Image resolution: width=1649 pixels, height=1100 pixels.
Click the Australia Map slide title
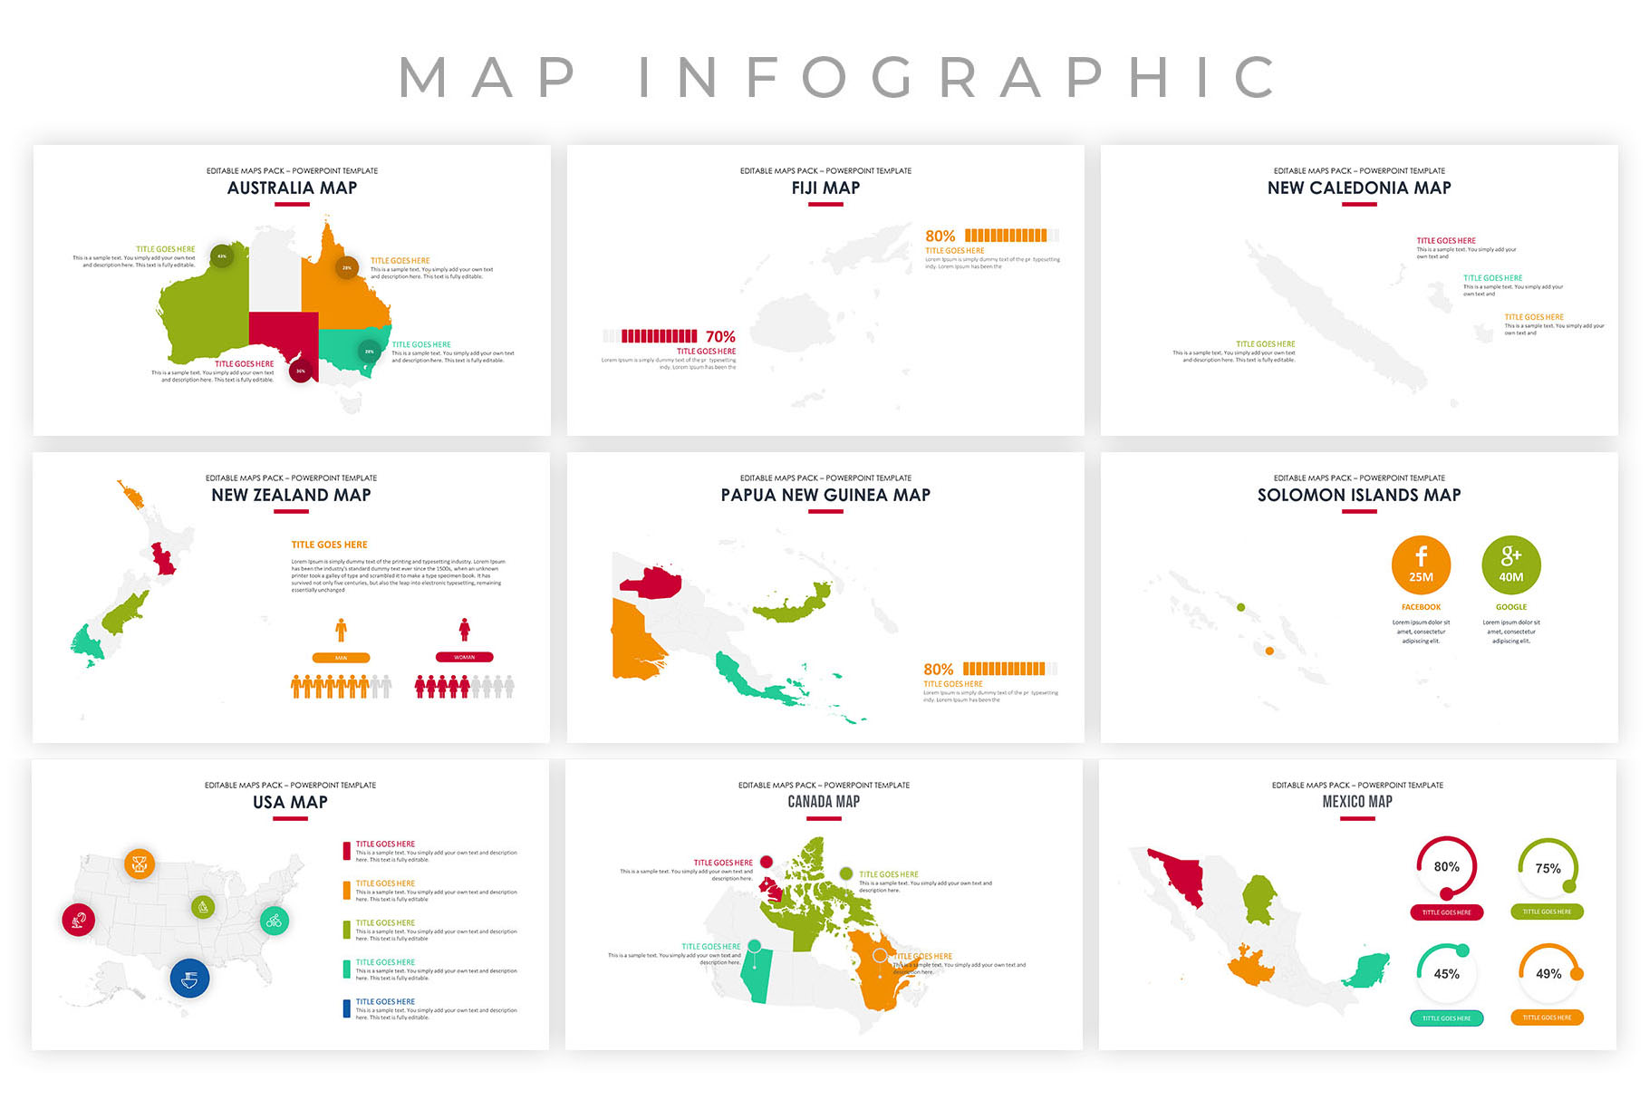292,188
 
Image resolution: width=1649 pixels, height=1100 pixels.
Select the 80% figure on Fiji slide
940,236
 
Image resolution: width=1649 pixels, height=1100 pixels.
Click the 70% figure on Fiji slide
720,336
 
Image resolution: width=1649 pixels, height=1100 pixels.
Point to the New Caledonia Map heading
1358,188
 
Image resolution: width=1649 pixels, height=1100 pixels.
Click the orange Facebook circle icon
1421,564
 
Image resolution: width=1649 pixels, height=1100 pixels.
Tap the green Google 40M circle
1510,564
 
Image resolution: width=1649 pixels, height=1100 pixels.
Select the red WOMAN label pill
464,657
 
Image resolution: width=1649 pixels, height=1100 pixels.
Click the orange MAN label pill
341,658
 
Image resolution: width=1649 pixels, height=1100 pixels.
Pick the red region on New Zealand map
164,559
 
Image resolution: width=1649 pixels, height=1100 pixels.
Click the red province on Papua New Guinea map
652,583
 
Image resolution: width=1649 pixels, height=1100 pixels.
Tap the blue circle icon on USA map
190,979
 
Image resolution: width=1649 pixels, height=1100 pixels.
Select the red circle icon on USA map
79,920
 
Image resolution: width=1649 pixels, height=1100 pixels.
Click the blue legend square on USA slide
346,1008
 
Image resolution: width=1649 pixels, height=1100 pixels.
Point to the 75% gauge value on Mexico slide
1548,868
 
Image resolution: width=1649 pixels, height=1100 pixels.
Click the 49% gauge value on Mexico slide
1548,974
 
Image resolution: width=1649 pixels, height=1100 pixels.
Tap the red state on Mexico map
1178,874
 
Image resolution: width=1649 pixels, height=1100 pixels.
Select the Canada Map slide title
824,802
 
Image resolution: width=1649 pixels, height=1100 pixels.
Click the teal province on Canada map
755,977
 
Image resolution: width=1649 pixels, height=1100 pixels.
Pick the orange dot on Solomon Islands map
1269,651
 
